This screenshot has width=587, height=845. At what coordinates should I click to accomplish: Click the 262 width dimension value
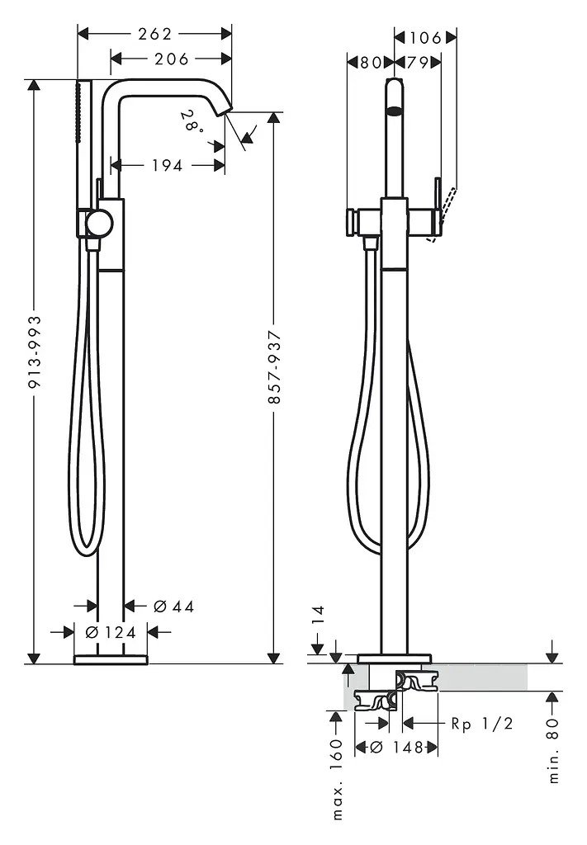(x=154, y=34)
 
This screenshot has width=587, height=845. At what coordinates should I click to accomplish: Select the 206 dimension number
(x=172, y=59)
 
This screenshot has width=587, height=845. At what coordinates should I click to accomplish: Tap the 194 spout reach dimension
(x=167, y=165)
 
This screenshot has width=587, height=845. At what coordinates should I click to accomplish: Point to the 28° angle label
(x=193, y=121)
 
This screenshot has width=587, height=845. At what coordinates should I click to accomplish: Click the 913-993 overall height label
(x=35, y=352)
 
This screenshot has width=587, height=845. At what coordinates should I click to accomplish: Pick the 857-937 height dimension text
(x=274, y=367)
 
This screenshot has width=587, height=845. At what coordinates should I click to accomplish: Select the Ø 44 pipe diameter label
(x=173, y=607)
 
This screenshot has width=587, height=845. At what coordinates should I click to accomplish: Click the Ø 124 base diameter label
(x=111, y=631)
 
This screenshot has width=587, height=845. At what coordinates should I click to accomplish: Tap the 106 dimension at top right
(x=426, y=38)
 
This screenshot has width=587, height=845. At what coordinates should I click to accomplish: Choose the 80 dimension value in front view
(x=371, y=63)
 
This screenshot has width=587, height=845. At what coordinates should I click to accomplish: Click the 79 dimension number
(x=417, y=63)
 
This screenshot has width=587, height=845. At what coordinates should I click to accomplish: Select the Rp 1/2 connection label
(x=482, y=723)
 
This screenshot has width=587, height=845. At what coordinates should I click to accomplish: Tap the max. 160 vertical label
(x=337, y=779)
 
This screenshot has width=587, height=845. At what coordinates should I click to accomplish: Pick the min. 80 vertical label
(x=554, y=751)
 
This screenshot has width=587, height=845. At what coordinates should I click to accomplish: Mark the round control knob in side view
(x=101, y=223)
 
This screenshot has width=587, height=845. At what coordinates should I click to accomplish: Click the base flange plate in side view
(x=111, y=659)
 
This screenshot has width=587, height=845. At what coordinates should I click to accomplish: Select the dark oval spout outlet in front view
(x=395, y=111)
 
